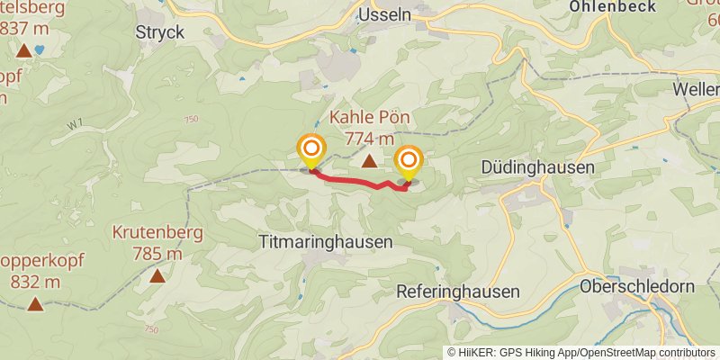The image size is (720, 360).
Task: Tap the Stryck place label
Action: (159, 31)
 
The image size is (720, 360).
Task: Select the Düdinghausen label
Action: (538, 167)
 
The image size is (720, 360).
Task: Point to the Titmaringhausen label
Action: (325, 242)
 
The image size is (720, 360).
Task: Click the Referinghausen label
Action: (459, 292)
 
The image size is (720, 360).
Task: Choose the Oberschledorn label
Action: (637, 287)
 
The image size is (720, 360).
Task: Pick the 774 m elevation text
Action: (370, 139)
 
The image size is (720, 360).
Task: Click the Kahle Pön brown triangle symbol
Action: (369, 162)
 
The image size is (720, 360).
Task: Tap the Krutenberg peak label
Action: (157, 233)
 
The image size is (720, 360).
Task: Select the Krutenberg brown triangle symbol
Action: (157, 275)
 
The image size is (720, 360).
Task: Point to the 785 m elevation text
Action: (157, 254)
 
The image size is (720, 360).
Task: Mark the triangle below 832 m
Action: (35, 303)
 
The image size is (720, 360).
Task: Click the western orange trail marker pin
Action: (311, 149)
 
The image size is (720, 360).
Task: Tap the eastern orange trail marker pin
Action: (409, 162)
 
